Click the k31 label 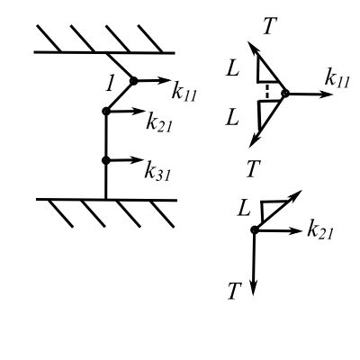(157, 172)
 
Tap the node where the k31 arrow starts (106, 160)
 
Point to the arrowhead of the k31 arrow (139, 159)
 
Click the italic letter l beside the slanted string (111, 84)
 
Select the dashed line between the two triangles (267, 92)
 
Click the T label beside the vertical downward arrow (235, 292)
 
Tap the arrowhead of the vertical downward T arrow (254, 290)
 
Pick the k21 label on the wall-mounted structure (159, 122)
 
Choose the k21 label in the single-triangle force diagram (320, 231)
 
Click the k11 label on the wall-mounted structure (184, 92)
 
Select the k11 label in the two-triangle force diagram (337, 79)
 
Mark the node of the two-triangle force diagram (285, 94)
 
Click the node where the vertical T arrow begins (255, 230)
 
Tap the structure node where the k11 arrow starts (133, 81)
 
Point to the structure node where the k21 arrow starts (106, 112)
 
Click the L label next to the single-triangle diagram (244, 209)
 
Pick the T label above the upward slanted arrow (270, 26)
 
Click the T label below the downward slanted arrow (253, 168)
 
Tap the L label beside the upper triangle (233, 69)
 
